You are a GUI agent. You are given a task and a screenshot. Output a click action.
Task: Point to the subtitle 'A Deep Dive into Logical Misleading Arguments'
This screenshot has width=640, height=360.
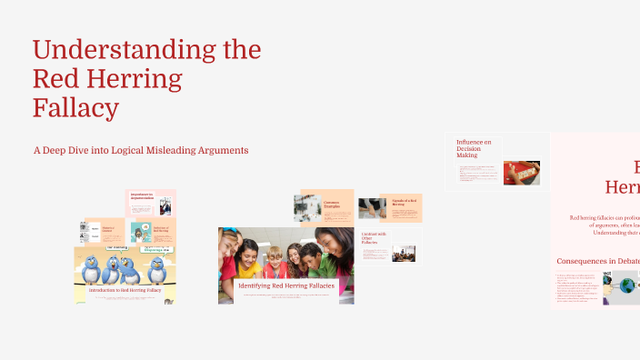tap(141, 149)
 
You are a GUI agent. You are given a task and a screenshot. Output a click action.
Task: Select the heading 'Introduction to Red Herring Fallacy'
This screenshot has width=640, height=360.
tap(125, 290)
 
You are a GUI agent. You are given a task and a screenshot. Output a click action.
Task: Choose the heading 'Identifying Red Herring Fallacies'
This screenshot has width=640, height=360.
tap(285, 286)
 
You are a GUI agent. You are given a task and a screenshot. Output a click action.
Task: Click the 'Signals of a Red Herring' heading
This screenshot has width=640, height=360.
tap(404, 201)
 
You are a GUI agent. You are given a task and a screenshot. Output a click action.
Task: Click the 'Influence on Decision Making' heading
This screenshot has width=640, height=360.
tap(474, 148)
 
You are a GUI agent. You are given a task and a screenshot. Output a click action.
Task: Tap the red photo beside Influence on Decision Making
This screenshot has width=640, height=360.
tap(522, 172)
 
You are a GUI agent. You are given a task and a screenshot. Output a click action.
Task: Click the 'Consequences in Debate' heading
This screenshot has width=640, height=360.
tap(595, 261)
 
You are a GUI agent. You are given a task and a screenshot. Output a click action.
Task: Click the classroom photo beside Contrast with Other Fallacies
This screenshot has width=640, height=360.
tap(403, 253)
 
